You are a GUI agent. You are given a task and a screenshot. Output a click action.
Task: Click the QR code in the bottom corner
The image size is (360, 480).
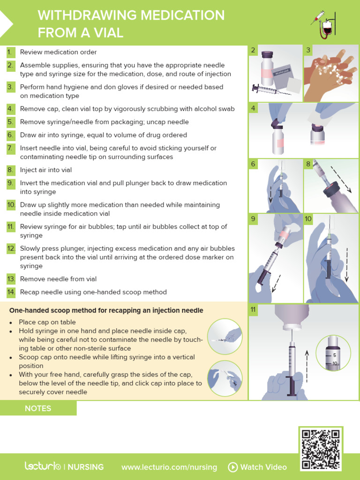click(x=321, y=449)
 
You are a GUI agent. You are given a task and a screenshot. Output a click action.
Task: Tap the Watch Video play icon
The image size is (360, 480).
click(x=233, y=467)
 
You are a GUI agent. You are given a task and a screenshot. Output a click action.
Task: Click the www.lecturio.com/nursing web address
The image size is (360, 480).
click(x=169, y=467)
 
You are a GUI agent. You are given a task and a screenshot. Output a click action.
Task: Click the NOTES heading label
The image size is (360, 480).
click(x=38, y=408)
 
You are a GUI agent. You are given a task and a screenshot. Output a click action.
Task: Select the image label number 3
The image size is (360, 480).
click(x=308, y=50)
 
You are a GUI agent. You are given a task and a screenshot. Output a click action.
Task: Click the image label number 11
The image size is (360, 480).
click(x=253, y=309)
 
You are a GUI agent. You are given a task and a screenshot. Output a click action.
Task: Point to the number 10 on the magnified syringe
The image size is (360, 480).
click(x=334, y=363)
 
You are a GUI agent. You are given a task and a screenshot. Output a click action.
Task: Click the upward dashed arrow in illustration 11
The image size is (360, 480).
click(x=307, y=365)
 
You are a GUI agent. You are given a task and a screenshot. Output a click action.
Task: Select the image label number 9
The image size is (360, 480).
click(x=253, y=218)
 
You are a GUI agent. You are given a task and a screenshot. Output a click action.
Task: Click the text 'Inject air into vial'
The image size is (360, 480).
click(x=46, y=170)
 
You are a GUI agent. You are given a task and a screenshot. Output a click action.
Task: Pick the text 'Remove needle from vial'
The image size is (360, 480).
click(x=58, y=279)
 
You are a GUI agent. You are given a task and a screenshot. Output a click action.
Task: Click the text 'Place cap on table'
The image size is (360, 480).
click(x=47, y=322)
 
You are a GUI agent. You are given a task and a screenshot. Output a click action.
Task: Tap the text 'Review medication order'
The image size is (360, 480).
click(x=59, y=52)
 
